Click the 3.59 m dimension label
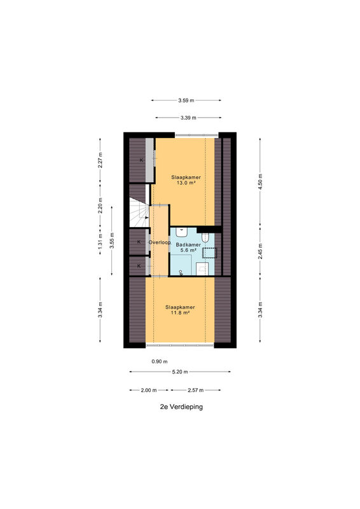click(x=186, y=101)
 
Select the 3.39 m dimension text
click(x=188, y=118)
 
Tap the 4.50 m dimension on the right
click(x=260, y=182)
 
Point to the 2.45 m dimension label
click(x=260, y=251)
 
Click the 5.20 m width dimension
click(x=180, y=372)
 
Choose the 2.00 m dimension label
click(x=149, y=390)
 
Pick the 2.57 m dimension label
click(x=195, y=390)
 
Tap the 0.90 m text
click(x=160, y=361)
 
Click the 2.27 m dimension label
click(x=100, y=160)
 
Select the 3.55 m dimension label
click(x=112, y=241)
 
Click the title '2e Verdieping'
click(x=181, y=407)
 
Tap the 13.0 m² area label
click(x=186, y=183)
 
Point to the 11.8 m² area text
click(x=180, y=312)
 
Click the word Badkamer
click(x=188, y=245)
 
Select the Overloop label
click(x=160, y=242)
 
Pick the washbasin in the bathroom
click(x=182, y=232)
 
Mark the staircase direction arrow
click(x=147, y=218)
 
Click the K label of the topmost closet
click(x=141, y=160)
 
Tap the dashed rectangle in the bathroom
click(x=210, y=253)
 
